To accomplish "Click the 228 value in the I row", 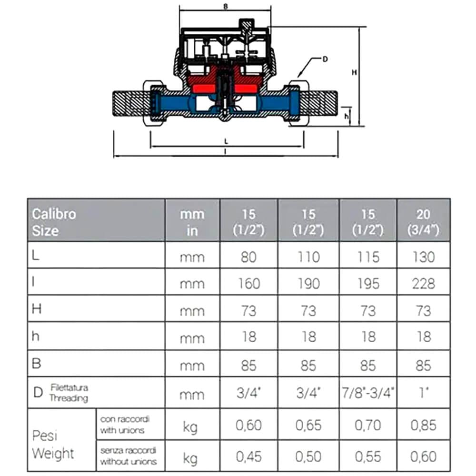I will coord(423,284).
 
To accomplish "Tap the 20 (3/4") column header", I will coord(423,222).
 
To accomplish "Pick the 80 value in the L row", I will coord(248,257).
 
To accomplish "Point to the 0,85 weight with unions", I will coord(423,425).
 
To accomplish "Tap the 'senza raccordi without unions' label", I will coord(128,456).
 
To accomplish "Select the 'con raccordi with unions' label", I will coord(125,425).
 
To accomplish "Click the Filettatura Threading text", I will coord(69,394).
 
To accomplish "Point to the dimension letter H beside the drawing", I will coord(354,72).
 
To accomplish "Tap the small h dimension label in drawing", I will coord(347,115).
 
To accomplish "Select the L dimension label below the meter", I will coord(227,141).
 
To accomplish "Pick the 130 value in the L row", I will coord(423,257).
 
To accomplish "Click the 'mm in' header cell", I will coord(192,222).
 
